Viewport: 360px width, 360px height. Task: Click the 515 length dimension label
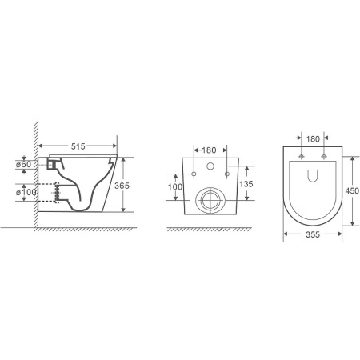[78, 146]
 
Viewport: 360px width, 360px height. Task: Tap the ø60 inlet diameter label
[24, 164]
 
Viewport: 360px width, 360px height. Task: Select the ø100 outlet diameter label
[26, 192]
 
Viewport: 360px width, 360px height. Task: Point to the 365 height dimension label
[122, 186]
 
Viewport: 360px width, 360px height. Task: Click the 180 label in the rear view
[209, 150]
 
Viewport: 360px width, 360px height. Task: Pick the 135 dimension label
[246, 184]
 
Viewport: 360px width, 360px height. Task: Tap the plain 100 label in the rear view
[175, 186]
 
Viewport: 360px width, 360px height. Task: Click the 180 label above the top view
[313, 139]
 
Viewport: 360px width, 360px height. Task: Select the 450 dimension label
[352, 190]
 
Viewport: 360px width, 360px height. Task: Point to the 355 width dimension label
[313, 234]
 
